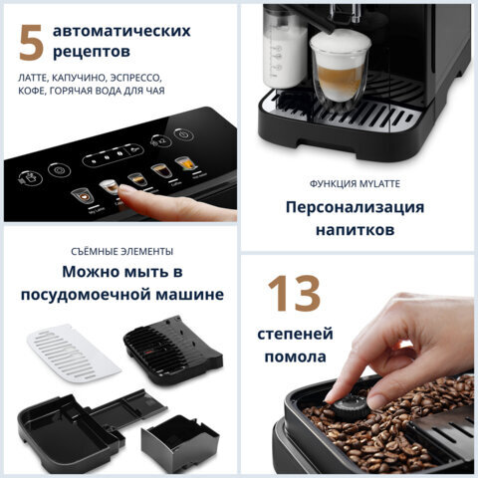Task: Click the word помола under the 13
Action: tap(293, 357)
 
